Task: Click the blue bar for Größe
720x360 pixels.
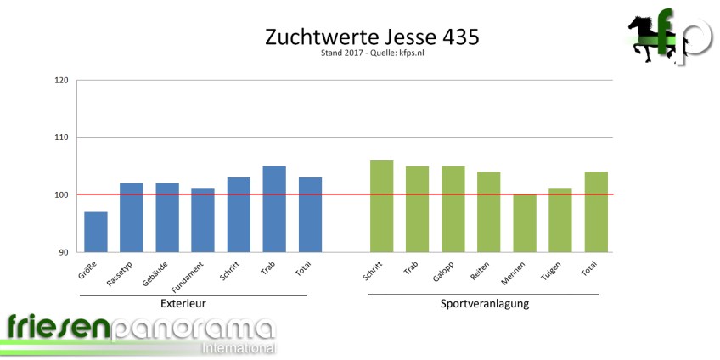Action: point(96,232)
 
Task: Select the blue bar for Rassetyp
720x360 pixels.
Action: point(132,217)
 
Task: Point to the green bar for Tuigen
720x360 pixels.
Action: point(560,221)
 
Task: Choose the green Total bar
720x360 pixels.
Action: point(596,212)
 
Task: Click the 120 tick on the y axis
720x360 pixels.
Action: point(61,81)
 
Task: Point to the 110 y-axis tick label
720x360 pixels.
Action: point(61,138)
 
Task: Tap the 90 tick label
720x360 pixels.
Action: point(64,252)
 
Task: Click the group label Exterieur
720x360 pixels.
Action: point(183,303)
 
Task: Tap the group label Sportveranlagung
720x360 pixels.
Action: point(485,303)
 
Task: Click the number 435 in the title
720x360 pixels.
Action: point(462,38)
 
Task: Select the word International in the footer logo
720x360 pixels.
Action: point(239,349)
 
